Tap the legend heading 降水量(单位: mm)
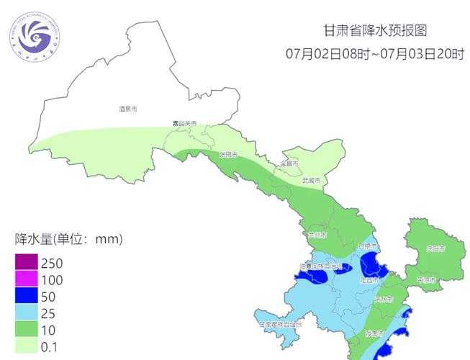pos(68,238)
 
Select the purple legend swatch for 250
pos(26,263)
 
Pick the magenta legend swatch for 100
pos(26,279)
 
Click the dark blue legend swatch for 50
pos(26,296)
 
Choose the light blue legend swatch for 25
pos(26,312)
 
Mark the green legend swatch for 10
pos(26,329)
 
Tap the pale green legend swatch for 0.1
pos(26,346)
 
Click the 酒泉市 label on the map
pos(127,109)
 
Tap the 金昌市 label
pos(289,163)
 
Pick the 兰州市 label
pos(316,235)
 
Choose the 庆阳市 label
pos(435,249)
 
